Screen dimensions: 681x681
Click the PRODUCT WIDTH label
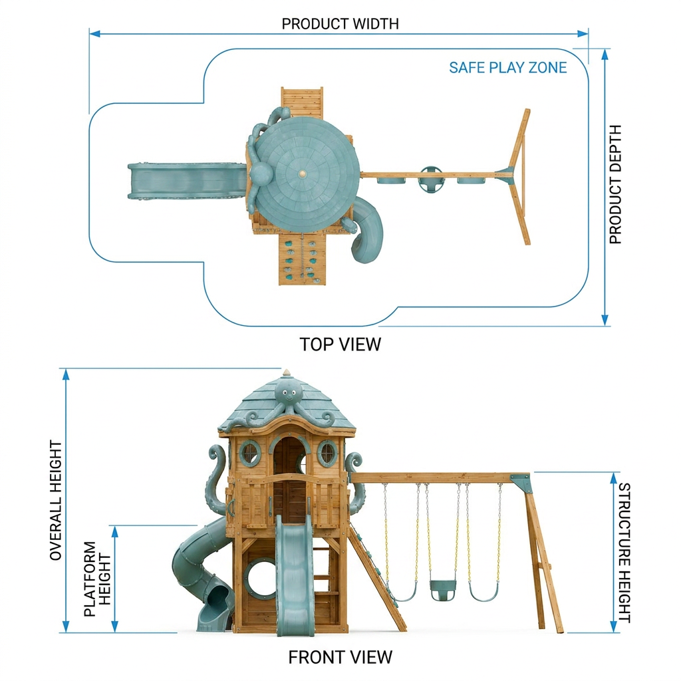[x=340, y=23]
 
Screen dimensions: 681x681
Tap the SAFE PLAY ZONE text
[x=507, y=68]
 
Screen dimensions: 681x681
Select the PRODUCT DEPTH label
[x=615, y=185]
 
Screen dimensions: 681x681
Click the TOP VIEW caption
[x=340, y=344]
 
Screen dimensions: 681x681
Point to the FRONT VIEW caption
[x=340, y=657]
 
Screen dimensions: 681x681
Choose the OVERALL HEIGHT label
[x=56, y=500]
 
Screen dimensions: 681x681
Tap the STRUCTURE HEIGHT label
[x=624, y=553]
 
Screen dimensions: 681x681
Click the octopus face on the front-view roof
[x=287, y=393]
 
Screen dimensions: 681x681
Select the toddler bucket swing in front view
[x=442, y=590]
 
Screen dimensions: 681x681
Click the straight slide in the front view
[x=294, y=574]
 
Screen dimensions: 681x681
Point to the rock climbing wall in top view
[x=301, y=259]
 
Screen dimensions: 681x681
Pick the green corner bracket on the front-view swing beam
[x=521, y=483]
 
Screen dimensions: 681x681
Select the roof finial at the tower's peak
[x=286, y=374]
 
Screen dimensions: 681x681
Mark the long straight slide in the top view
[x=187, y=182]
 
